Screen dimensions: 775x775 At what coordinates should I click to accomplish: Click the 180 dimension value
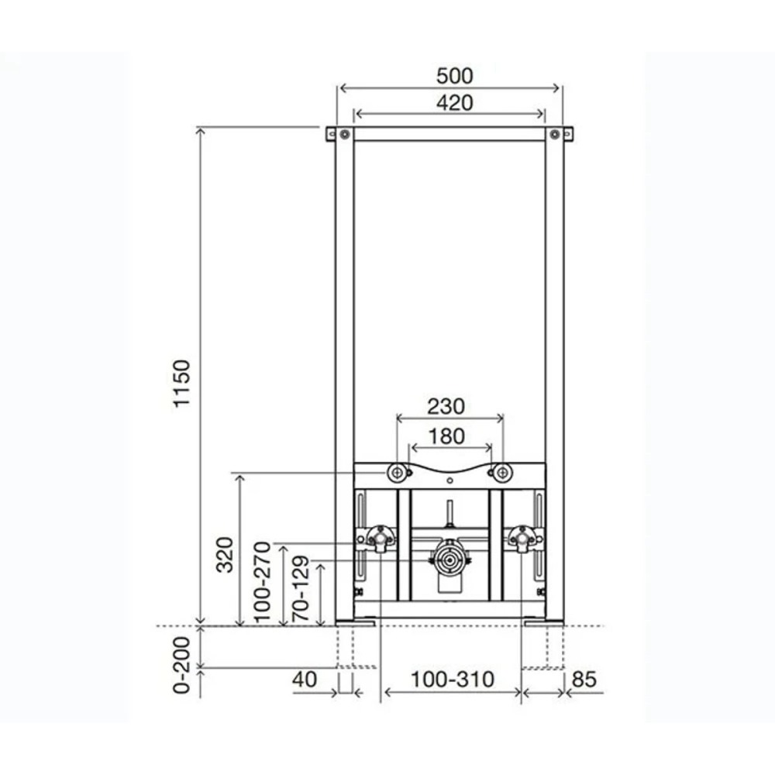point(449,436)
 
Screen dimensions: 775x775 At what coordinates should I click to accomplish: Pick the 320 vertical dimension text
point(225,554)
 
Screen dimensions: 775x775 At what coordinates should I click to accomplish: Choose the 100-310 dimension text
point(452,680)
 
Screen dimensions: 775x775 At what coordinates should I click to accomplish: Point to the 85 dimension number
point(586,680)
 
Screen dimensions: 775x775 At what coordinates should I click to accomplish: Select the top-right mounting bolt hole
point(555,134)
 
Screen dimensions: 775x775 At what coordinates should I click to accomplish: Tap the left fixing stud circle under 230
point(398,471)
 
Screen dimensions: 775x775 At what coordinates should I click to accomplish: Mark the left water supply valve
point(378,537)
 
